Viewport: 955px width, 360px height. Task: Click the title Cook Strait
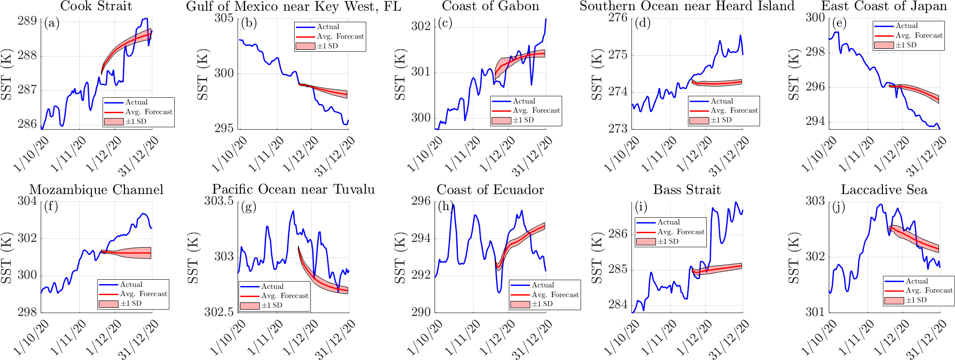click(x=96, y=6)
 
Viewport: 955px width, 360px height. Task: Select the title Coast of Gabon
click(x=490, y=6)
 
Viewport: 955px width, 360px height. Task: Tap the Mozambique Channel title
click(x=96, y=190)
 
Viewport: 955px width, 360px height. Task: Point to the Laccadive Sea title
click(x=884, y=190)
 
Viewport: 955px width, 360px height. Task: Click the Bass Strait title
click(x=687, y=190)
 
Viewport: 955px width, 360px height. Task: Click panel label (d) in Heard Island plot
click(x=642, y=23)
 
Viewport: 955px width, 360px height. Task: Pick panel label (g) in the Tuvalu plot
click(x=248, y=207)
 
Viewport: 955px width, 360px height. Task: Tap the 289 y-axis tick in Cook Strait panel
click(x=27, y=21)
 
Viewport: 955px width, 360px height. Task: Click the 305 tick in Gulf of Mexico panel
click(x=224, y=18)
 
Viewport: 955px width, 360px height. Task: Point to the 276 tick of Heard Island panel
click(x=618, y=18)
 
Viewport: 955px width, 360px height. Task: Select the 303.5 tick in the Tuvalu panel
click(x=219, y=201)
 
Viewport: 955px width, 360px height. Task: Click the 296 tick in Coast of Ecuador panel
click(x=421, y=201)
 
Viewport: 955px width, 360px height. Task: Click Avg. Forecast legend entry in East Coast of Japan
click(x=919, y=35)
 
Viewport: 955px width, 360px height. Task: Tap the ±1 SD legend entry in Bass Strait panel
click(x=668, y=241)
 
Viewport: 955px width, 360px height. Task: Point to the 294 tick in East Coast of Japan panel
click(x=815, y=121)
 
